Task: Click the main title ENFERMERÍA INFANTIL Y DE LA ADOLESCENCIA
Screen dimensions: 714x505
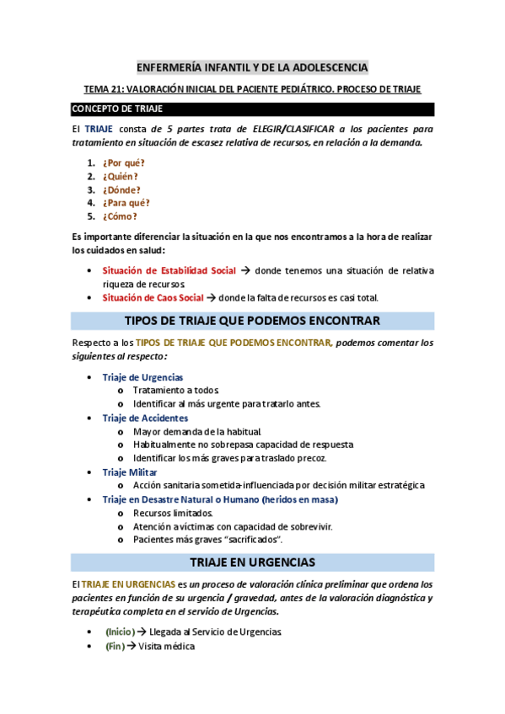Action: (252, 67)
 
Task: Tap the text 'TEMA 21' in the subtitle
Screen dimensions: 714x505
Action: (105, 88)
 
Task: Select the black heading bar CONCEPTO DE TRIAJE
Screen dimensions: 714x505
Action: (252, 109)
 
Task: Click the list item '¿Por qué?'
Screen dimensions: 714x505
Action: (123, 163)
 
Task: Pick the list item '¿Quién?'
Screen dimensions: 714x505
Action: (120, 176)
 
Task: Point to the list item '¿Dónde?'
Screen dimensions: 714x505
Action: (121, 189)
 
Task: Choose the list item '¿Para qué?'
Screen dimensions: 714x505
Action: (126, 203)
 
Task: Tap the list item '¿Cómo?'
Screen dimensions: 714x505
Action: (119, 216)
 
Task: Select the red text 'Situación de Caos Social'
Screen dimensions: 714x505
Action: (153, 297)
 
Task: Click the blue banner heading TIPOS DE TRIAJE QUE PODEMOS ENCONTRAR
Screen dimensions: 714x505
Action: (252, 321)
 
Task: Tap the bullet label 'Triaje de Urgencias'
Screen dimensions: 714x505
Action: (142, 377)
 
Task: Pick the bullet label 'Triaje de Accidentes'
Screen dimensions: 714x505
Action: (145, 418)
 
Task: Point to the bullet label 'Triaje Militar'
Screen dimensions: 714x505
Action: (130, 472)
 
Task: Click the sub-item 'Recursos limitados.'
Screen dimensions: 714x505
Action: (173, 513)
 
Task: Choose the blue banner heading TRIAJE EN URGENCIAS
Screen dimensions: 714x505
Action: (252, 562)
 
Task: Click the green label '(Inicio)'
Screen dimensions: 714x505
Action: (118, 631)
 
